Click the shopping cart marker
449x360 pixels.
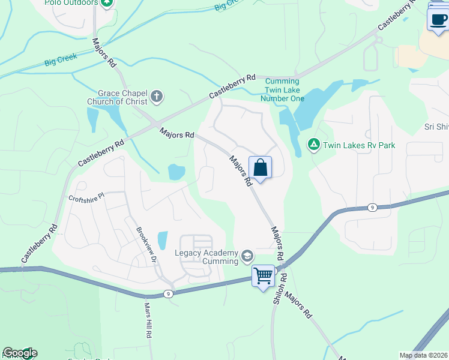(x=263, y=276)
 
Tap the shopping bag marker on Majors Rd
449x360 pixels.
(x=260, y=167)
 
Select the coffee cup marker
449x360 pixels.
(x=438, y=19)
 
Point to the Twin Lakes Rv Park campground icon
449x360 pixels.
(x=313, y=145)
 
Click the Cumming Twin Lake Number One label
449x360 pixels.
(x=282, y=89)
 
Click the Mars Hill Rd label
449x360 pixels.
(x=147, y=320)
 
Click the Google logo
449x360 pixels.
(x=20, y=353)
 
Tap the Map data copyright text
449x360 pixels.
(x=424, y=355)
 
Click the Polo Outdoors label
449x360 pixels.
(x=71, y=3)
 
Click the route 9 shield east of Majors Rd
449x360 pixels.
(x=372, y=208)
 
